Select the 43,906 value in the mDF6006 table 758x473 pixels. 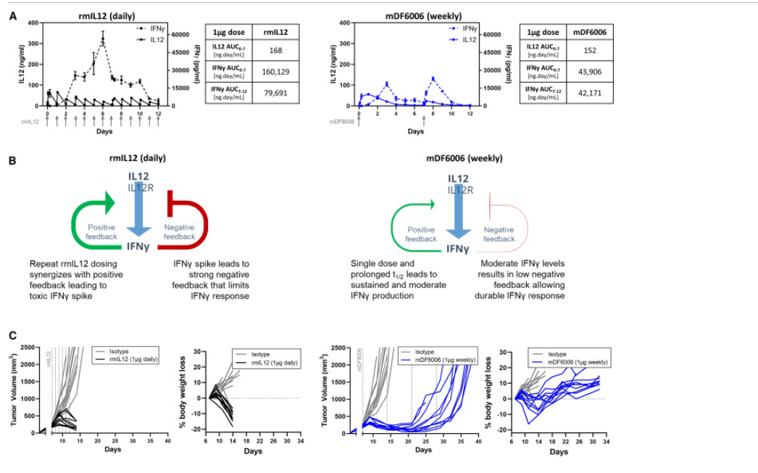coord(587,71)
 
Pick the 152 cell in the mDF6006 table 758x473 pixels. coord(587,49)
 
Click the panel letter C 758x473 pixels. coord(12,335)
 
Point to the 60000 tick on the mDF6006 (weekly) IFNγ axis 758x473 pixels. coord(493,34)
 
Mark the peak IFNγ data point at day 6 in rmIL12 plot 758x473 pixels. coord(103,41)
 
